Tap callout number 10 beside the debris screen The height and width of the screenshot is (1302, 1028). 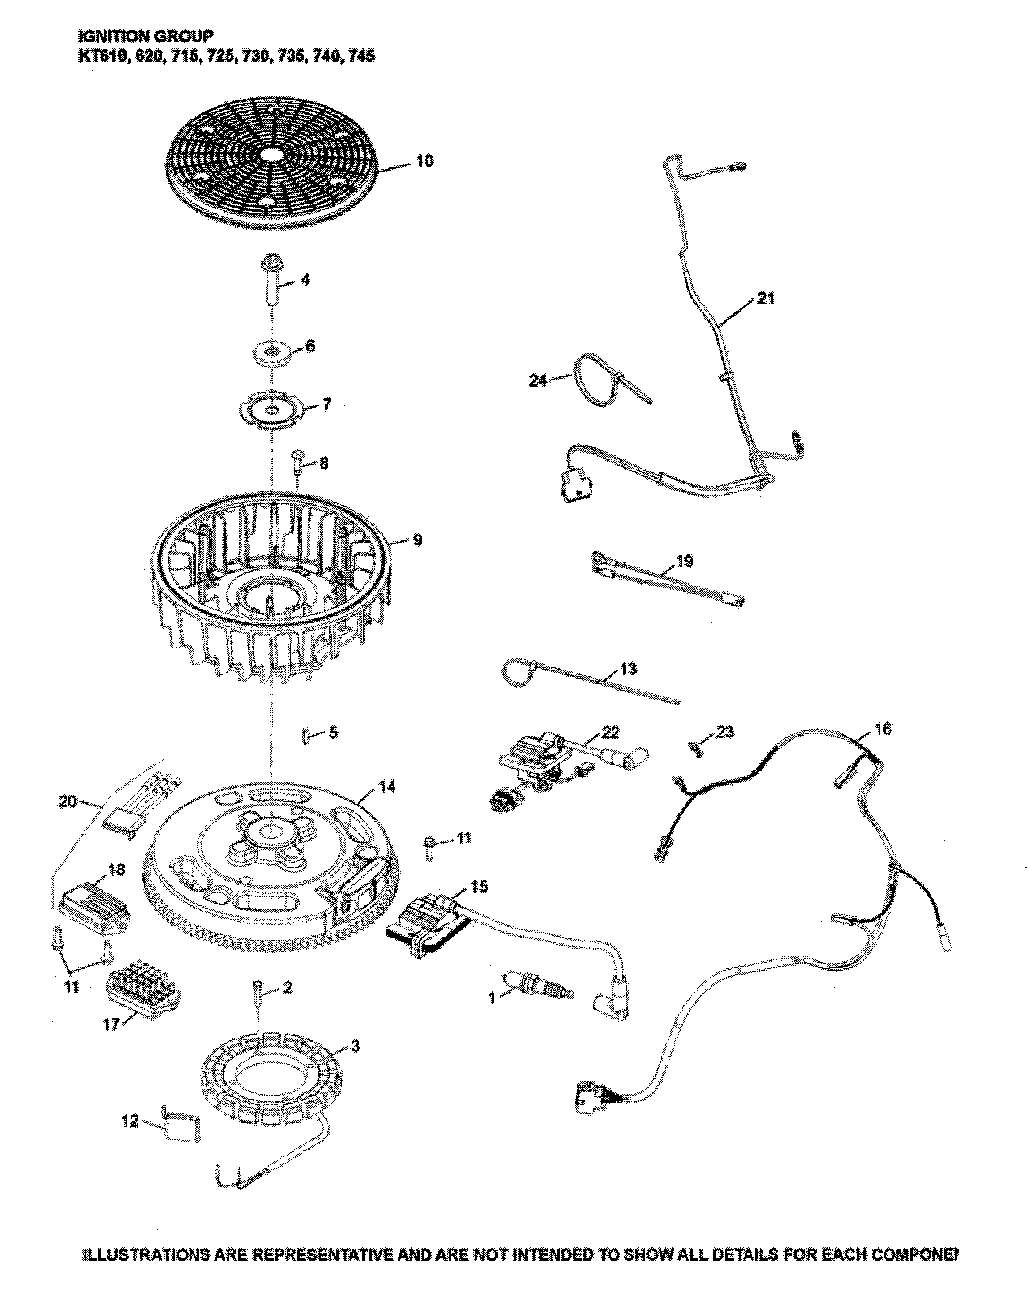tap(425, 161)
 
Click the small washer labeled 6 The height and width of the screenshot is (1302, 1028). tap(274, 352)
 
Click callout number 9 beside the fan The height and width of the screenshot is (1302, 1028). tap(417, 539)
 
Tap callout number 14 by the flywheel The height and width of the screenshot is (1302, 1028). tap(387, 786)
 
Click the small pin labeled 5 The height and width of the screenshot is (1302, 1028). tap(306, 735)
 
